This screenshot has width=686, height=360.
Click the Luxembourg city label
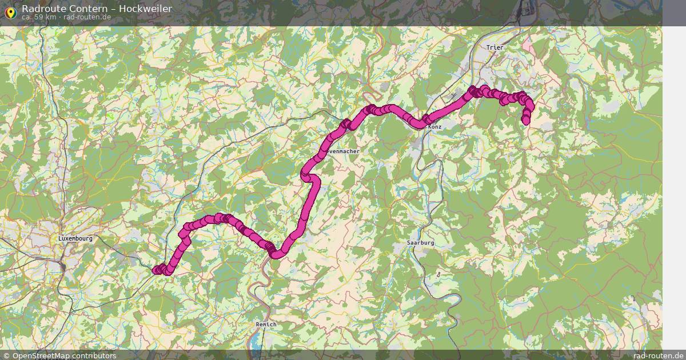[x=75, y=238]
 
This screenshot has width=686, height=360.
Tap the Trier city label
[x=494, y=47]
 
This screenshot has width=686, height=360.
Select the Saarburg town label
[x=421, y=243]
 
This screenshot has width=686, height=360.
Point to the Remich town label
[x=266, y=325]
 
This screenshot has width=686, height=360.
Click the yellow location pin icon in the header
[x=10, y=11]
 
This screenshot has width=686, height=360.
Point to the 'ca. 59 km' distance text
[x=38, y=17]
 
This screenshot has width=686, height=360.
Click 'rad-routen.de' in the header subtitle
[x=87, y=17]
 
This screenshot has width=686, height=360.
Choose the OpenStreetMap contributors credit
[x=64, y=355]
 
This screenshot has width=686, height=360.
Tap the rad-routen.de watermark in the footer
[x=659, y=355]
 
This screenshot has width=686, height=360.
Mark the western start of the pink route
[x=156, y=270]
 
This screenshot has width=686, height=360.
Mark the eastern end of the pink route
[x=526, y=120]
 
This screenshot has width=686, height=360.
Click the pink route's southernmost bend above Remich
[x=277, y=253]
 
